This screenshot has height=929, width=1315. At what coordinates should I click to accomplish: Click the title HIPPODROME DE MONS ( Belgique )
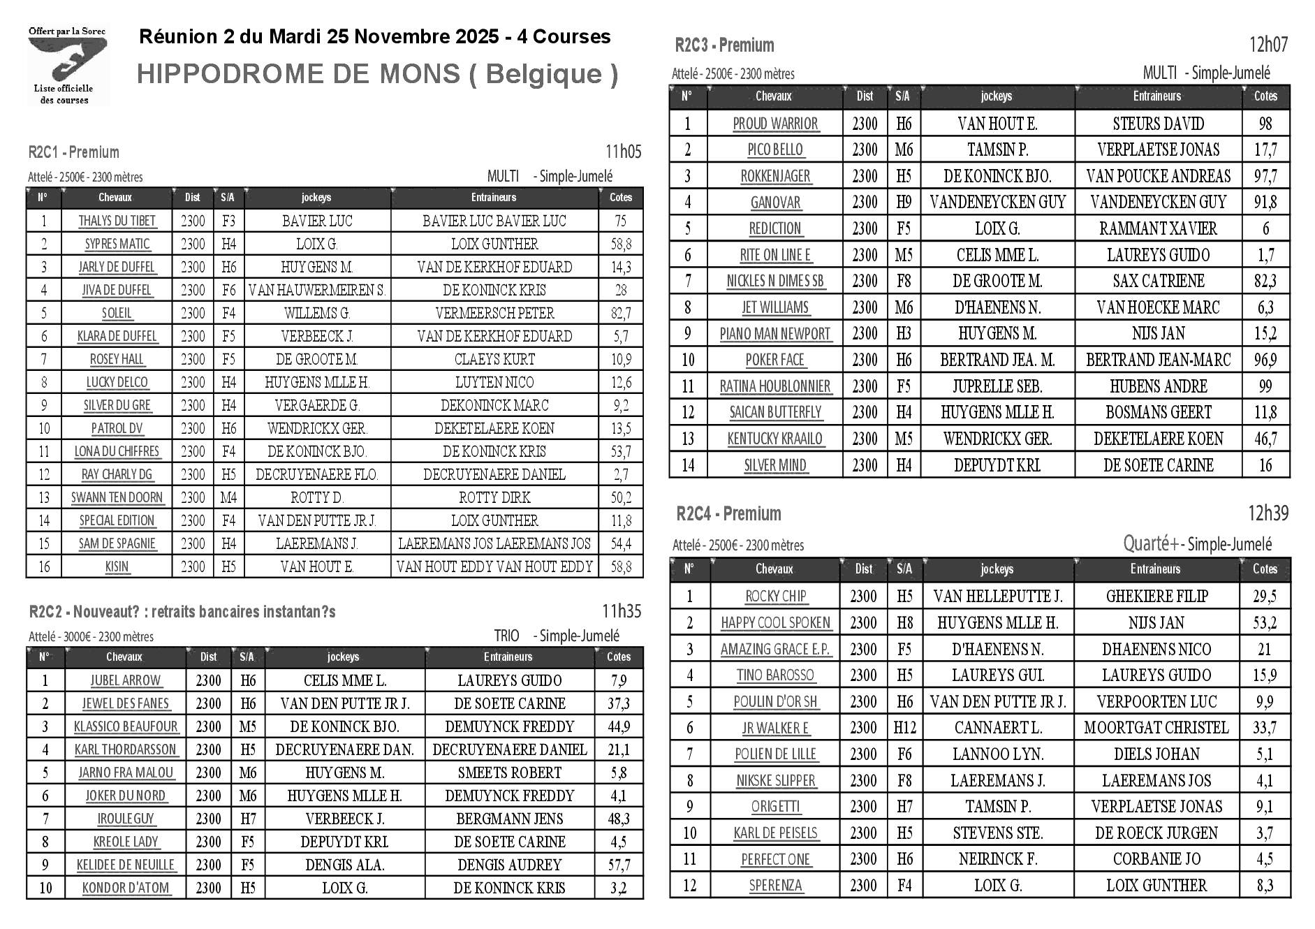point(377,74)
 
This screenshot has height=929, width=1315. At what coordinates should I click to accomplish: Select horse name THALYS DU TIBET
point(117,221)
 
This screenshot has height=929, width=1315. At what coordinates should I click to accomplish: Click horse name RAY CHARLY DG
point(117,475)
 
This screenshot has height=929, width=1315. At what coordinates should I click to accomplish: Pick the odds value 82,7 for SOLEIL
point(620,314)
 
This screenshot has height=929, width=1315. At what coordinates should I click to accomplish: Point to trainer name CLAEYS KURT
point(494,360)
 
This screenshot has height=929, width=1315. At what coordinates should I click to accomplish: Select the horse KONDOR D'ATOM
point(126,888)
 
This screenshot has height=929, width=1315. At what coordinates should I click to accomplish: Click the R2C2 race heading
point(182,612)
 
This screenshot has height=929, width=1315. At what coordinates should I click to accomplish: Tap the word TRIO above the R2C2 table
point(506,636)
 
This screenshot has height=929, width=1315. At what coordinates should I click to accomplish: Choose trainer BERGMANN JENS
point(509,819)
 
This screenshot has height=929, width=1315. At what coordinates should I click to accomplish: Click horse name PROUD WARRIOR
point(775,124)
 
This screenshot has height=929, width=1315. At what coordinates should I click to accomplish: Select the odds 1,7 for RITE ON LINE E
point(1265,256)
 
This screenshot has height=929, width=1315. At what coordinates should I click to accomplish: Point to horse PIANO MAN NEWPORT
point(775,334)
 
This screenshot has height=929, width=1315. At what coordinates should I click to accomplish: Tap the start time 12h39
point(1268,513)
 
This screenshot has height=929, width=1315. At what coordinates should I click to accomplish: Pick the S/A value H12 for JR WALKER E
point(904,728)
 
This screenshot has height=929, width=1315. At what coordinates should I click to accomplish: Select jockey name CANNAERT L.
point(997,728)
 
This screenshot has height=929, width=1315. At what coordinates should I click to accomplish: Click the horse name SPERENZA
point(775,886)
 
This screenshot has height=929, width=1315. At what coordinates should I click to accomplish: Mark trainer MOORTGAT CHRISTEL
point(1156,728)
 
